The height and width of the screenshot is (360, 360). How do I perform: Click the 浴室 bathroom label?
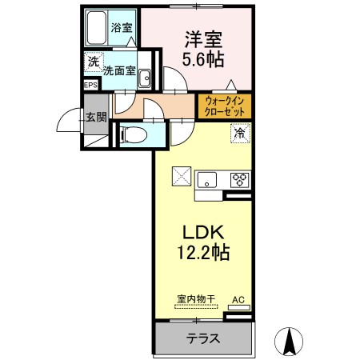(122, 28)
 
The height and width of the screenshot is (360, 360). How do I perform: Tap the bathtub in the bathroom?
(96, 28)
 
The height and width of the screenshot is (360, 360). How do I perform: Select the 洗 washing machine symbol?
(94, 62)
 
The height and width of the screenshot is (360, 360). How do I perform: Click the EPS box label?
(91, 86)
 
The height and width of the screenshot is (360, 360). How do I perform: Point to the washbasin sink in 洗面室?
(145, 78)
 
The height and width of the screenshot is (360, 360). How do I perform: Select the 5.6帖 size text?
(203, 58)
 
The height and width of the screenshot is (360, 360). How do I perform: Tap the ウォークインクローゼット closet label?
(225, 106)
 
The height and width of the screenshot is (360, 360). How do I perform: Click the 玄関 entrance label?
(96, 117)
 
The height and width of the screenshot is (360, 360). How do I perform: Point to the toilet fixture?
(133, 134)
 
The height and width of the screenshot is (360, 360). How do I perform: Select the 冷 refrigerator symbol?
(240, 133)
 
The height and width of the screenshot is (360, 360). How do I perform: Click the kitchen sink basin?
(206, 180)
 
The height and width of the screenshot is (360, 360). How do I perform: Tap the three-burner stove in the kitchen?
(240, 180)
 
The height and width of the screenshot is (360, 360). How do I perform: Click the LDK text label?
(203, 233)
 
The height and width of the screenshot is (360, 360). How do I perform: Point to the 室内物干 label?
(196, 299)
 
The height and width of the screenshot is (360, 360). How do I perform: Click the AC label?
(238, 299)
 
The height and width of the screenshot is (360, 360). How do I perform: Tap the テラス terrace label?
(203, 338)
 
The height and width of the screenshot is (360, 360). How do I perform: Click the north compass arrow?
(289, 342)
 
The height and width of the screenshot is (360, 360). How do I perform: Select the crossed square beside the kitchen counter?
(182, 176)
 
